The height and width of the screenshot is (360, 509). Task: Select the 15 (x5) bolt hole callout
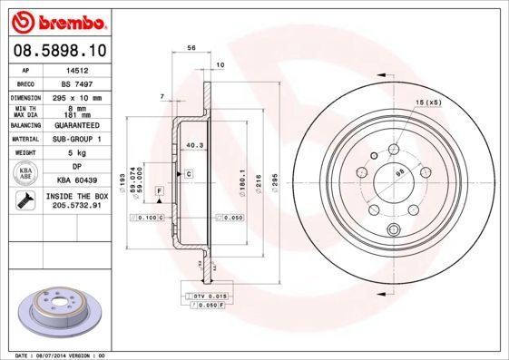pos(426,102)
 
